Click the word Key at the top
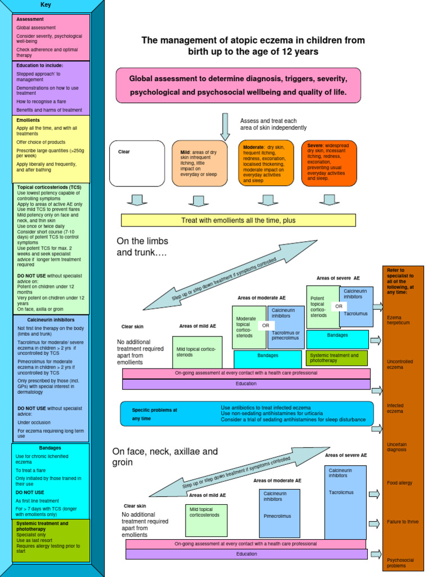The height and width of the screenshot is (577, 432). tap(46, 5)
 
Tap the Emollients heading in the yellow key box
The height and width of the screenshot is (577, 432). tap(28, 119)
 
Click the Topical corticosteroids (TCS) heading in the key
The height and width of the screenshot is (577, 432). tap(49, 187)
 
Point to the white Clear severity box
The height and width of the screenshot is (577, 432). tap(137, 163)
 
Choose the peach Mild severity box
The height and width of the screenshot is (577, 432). tap(199, 163)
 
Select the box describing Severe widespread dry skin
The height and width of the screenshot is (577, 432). tap(328, 162)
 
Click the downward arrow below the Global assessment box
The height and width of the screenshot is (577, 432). tap(225, 126)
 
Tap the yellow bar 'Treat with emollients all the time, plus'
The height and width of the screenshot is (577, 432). tap(238, 220)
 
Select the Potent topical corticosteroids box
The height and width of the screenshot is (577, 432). tap(322, 307)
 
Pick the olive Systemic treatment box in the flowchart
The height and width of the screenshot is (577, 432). tap(336, 358)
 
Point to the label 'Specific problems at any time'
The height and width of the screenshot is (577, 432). tap(154, 414)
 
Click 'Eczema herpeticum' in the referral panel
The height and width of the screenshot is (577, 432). tap(398, 320)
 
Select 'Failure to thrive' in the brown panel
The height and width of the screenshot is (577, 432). tap(400, 522)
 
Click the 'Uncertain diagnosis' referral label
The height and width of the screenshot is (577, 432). tap(398, 447)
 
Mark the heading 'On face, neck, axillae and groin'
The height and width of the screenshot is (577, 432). tap(165, 456)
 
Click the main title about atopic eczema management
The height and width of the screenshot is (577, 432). tap(253, 46)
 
